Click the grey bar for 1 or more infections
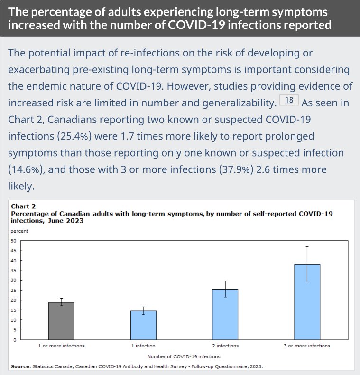coord(61,321)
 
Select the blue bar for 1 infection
coord(143,325)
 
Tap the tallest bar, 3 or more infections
coord(307,302)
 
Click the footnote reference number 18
coord(289,101)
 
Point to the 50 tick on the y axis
coord(14,241)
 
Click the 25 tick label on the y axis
coord(14,290)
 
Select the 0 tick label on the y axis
coord(15,340)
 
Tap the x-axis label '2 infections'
coord(225,346)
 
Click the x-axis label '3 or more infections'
coord(307,346)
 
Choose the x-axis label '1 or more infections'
coord(61,346)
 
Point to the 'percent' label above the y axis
coord(19,231)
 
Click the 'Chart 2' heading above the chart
coord(23,207)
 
